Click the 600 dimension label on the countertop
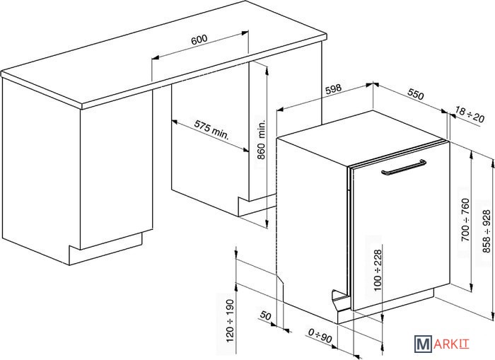(x=199, y=40)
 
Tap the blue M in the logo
(x=424, y=344)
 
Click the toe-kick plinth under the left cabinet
(x=106, y=249)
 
